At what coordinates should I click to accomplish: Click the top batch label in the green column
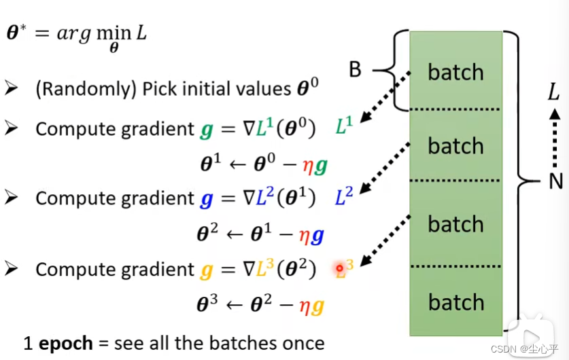point(455,73)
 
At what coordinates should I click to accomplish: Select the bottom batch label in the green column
point(455,303)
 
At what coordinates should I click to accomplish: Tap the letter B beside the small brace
point(355,69)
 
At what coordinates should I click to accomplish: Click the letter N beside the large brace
point(557,181)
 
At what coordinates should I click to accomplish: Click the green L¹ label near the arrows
point(345,127)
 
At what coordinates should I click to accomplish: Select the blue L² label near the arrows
point(345,198)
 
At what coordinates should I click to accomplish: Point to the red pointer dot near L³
point(340,270)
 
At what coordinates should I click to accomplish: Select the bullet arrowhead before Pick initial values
point(11,88)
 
